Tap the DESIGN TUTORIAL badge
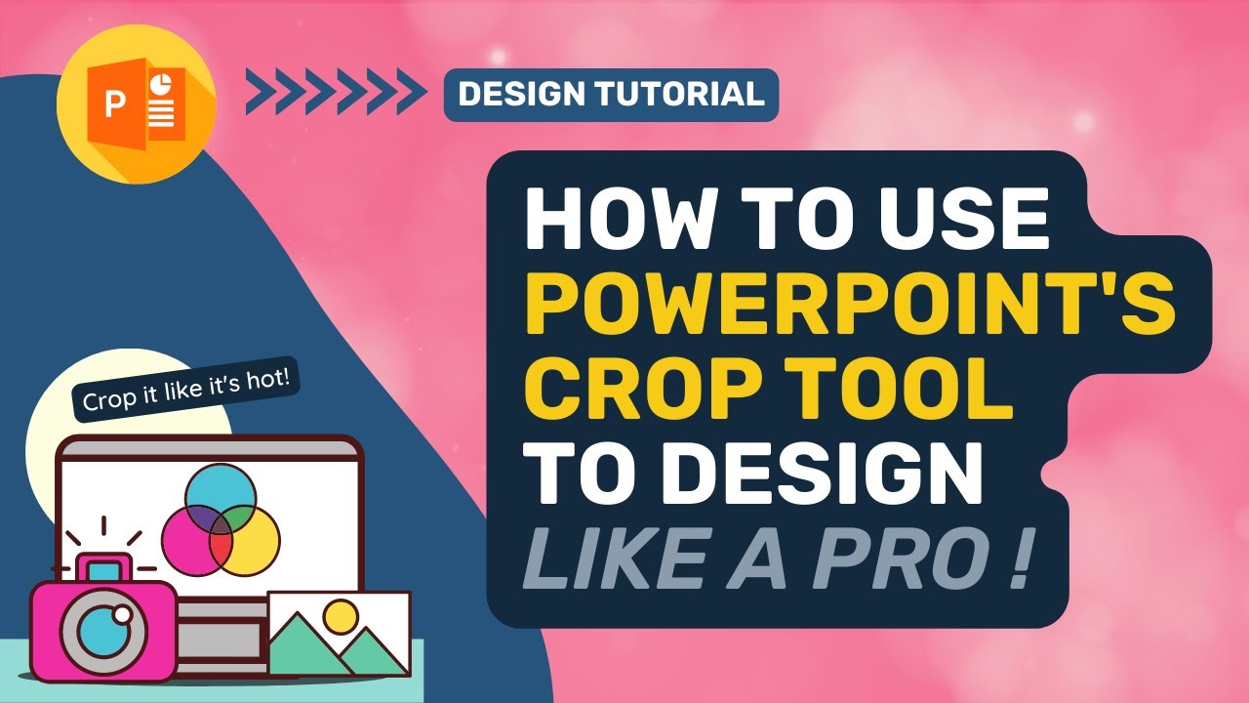pyautogui.click(x=611, y=95)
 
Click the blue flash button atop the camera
pyautogui.click(x=104, y=567)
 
